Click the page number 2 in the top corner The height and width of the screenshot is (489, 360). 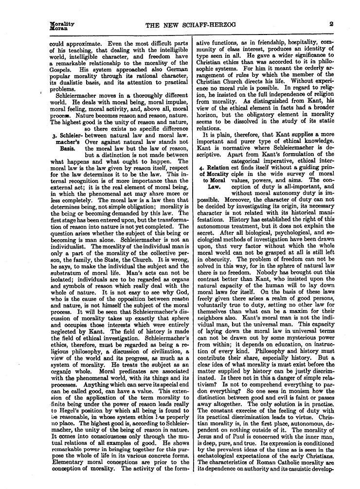330,23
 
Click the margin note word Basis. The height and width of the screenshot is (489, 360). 67,148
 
